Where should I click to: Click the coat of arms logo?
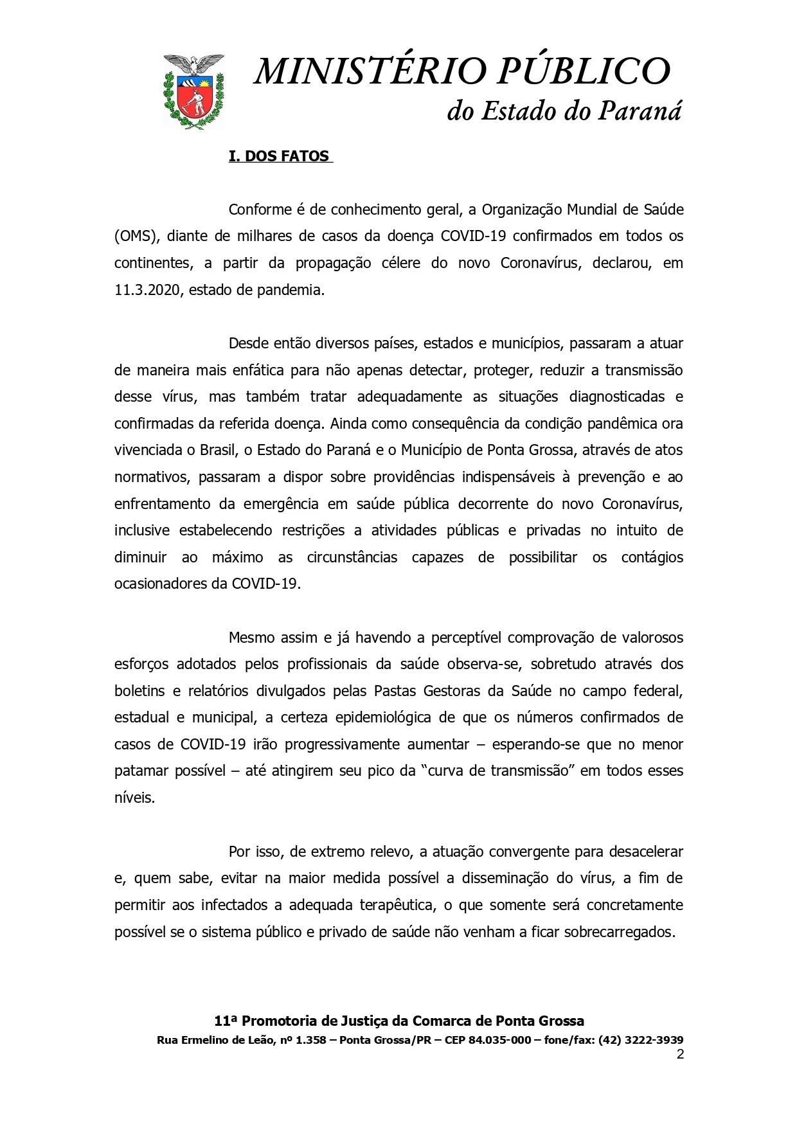click(x=194, y=91)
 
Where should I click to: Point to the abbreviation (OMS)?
click(x=136, y=237)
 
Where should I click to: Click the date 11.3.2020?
click(x=150, y=290)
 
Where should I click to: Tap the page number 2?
click(x=680, y=1054)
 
